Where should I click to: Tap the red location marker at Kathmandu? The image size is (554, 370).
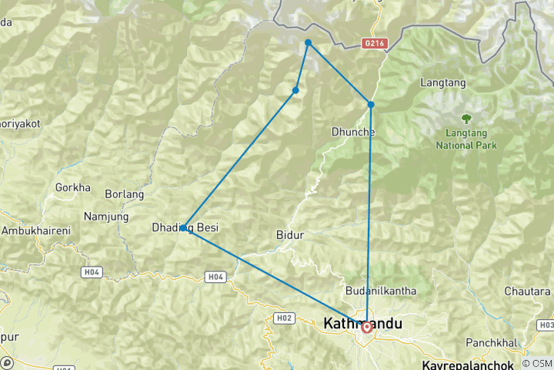point(367,327)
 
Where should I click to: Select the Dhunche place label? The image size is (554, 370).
point(353,132)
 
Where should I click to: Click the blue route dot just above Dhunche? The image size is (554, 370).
point(371,105)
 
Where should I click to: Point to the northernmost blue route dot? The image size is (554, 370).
point(308,42)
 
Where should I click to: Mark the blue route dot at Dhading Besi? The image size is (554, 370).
point(183,228)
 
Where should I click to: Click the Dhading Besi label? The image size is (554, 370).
point(185,227)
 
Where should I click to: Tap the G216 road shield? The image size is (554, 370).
point(374,45)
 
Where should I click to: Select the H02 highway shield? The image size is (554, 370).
point(284,318)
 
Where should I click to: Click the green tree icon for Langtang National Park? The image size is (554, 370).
point(466,118)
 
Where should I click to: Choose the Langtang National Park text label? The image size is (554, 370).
point(466,139)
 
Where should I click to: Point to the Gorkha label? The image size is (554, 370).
point(73,187)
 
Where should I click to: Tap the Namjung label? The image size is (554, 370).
point(107,218)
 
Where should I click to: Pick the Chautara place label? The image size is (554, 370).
point(528,291)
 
